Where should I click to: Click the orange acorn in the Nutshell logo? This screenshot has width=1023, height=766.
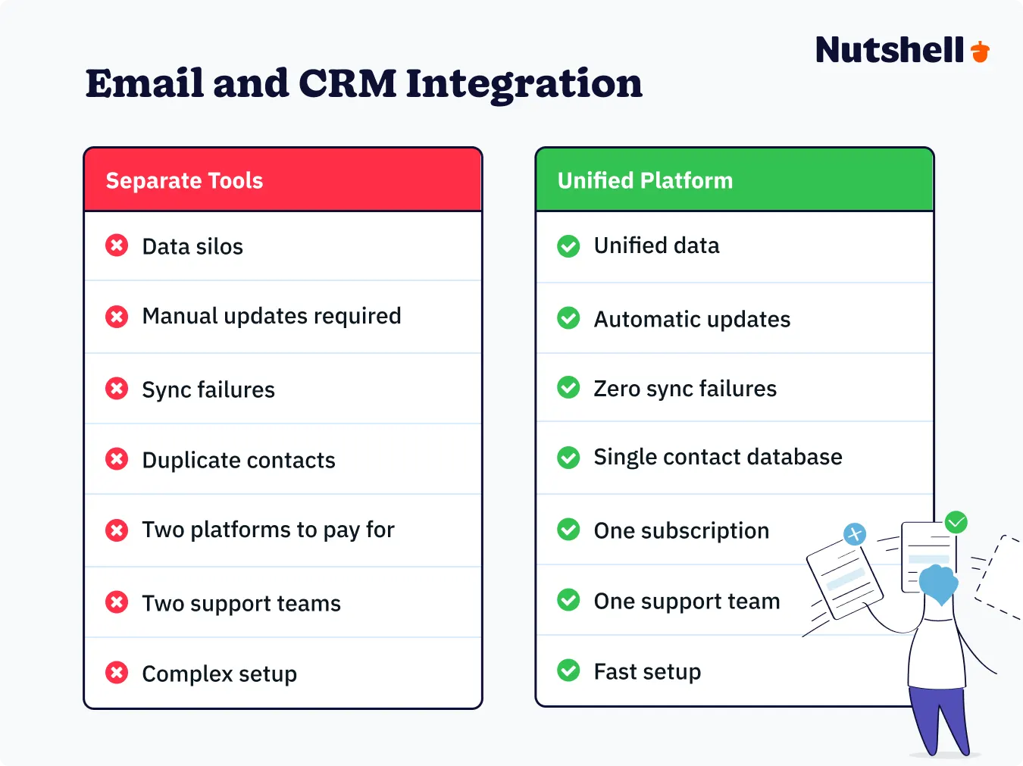point(981,52)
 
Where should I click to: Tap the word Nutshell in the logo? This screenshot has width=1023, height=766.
point(890,51)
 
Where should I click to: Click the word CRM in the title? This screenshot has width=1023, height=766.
point(347,83)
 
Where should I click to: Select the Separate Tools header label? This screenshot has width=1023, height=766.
point(184,180)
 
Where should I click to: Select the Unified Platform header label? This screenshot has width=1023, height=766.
point(645,180)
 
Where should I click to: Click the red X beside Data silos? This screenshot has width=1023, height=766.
point(117,245)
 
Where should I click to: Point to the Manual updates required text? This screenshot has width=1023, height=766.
point(271,316)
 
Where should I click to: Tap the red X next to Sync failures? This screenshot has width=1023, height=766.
point(117,389)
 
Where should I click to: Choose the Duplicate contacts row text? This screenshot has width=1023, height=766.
point(238,460)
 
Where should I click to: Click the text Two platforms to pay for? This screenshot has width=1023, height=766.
point(267,530)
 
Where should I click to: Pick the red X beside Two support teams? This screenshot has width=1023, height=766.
point(117,602)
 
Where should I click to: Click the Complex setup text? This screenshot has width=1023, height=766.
point(219,674)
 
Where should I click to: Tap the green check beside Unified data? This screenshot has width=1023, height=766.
point(568,246)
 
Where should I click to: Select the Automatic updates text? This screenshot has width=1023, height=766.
point(692,319)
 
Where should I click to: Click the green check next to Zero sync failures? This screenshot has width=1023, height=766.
point(568,388)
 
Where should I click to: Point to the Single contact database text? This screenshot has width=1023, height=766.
point(718,457)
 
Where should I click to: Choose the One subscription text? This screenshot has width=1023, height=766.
point(681,530)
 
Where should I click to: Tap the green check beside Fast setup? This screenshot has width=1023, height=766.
point(568,671)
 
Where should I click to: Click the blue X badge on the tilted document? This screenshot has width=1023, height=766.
point(855,534)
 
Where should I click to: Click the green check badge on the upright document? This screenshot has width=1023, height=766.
point(956,521)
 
